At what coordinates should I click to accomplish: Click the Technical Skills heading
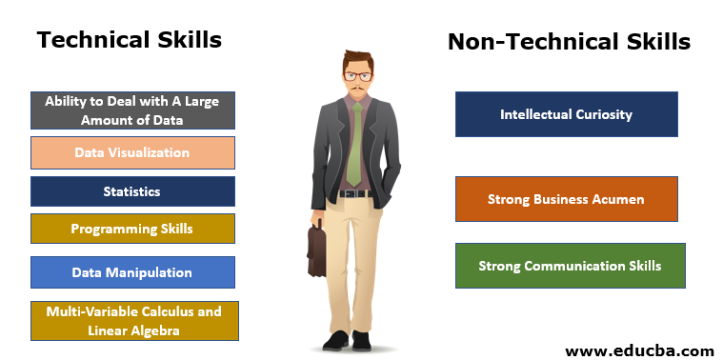pos(129,40)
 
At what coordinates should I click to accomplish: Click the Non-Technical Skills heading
pos(569,42)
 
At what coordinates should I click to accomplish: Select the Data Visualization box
pos(132,152)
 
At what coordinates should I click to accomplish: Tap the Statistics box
pos(132,191)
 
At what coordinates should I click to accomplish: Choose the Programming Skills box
pos(132,229)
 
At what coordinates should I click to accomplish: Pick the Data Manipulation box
pos(132,272)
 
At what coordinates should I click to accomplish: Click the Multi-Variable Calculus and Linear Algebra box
pos(133,321)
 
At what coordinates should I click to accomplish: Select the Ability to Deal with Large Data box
pos(132,110)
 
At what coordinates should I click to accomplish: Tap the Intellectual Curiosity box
pos(566,114)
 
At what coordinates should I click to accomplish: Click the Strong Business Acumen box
pos(566,199)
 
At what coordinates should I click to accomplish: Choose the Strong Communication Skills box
pos(570,266)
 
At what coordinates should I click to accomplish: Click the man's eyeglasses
pos(358,75)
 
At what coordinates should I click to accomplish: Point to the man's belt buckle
pos(355,194)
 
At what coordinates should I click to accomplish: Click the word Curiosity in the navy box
pos(603,114)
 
